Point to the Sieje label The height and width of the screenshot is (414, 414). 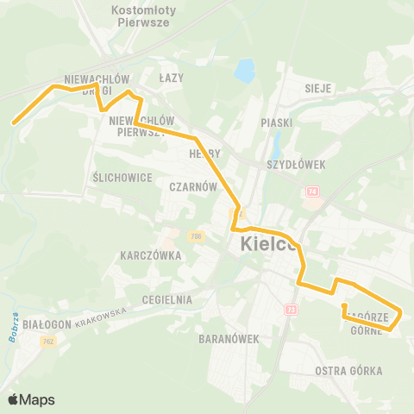tap(318, 88)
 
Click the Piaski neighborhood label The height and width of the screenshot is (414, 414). tap(277, 122)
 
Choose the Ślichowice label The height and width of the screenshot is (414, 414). tap(122, 177)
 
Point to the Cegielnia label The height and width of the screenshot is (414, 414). tap(167, 298)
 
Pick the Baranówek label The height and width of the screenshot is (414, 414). tap(229, 339)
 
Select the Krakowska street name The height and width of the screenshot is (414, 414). tap(101, 317)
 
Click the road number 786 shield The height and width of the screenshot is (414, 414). tap(198, 236)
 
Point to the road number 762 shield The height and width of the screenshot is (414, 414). tap(47, 342)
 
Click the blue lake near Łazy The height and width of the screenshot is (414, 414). tap(244, 70)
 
